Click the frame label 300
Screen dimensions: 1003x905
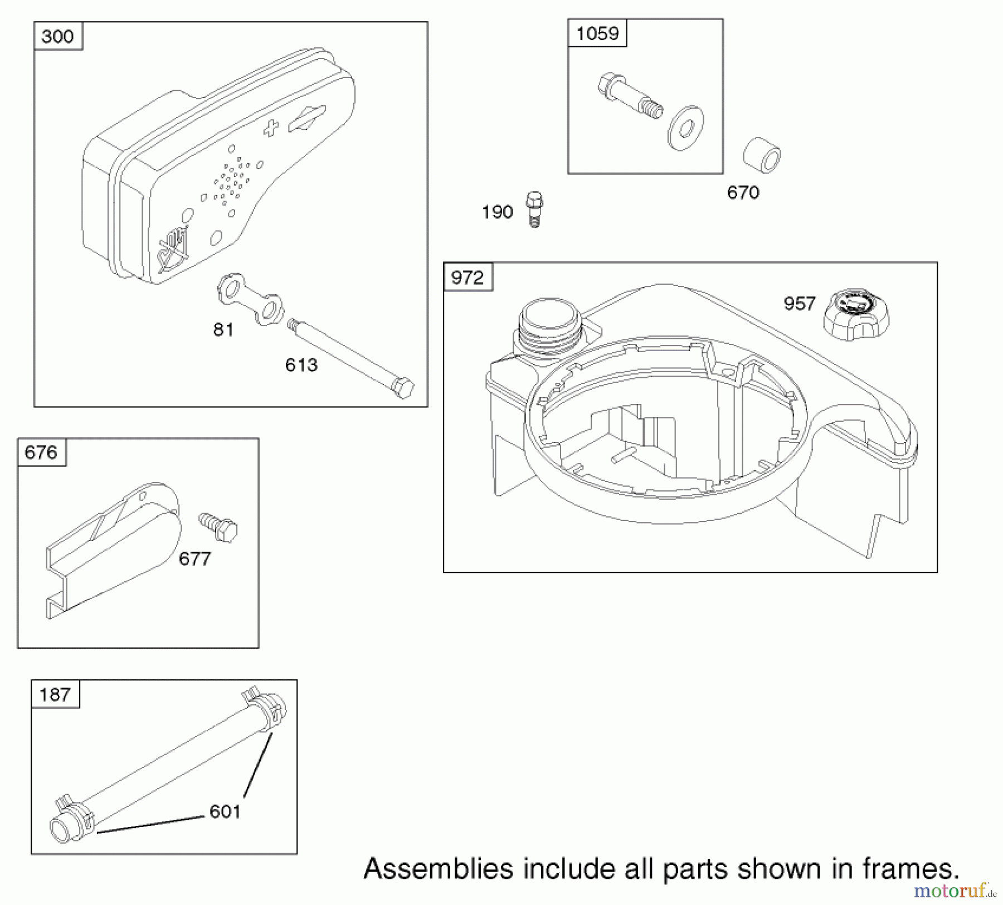point(57,37)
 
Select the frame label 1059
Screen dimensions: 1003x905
point(597,33)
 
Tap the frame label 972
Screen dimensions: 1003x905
point(468,277)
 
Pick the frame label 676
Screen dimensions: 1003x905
point(41,452)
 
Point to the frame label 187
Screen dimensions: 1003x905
point(55,694)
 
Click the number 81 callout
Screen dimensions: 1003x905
point(223,330)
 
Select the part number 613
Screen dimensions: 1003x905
point(301,365)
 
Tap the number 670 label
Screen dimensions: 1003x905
point(743,193)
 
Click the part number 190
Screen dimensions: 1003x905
point(497,212)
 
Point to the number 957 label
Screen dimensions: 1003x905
point(800,304)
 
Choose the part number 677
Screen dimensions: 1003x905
point(195,559)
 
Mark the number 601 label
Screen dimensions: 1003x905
point(225,811)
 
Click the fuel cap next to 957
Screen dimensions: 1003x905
point(856,314)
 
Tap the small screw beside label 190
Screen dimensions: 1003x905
point(534,209)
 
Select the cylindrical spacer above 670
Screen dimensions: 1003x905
point(762,154)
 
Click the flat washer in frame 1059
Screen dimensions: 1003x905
point(685,128)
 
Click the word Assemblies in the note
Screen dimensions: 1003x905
point(438,869)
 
